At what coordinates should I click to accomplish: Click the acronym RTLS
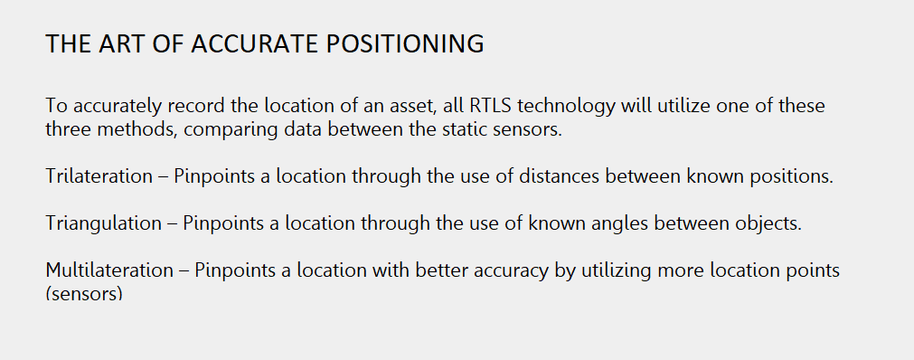[x=493, y=106]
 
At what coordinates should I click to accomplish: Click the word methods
[x=126, y=129]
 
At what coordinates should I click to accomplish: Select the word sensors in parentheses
[x=83, y=294]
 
